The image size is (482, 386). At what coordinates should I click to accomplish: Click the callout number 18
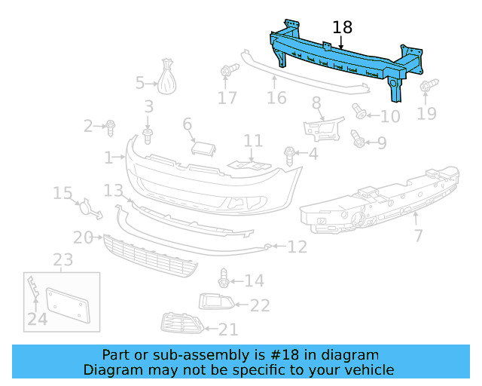342,28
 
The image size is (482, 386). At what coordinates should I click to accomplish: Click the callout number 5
140,82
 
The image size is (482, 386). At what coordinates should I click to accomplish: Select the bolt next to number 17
228,72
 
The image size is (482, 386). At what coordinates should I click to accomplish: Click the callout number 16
276,98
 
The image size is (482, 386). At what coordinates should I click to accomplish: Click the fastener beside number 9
358,140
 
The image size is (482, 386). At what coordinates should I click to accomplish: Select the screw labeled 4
290,155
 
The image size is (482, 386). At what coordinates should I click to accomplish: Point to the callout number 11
253,141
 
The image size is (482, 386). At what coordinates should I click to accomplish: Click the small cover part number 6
201,146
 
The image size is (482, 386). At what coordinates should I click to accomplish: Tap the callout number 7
418,236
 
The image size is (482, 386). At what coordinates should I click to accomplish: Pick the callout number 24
37,320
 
